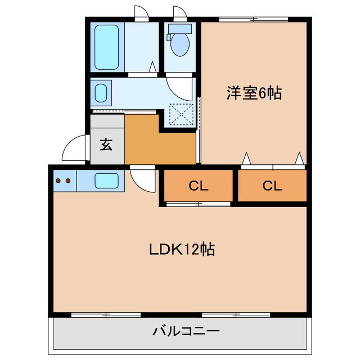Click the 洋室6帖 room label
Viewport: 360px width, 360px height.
253,92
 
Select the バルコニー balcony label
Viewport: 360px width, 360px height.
185,331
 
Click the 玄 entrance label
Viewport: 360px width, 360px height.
106,145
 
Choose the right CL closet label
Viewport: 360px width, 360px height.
271,186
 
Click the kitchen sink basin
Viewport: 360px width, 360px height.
106,181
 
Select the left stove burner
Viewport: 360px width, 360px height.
58,181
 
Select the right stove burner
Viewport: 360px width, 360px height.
67,181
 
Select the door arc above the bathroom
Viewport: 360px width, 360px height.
141,13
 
